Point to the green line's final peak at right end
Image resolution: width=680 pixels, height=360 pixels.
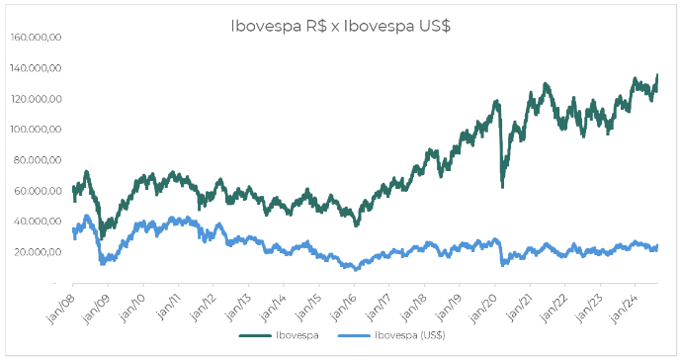click(x=657, y=75)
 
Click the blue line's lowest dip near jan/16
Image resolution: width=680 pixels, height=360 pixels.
click(x=356, y=268)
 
